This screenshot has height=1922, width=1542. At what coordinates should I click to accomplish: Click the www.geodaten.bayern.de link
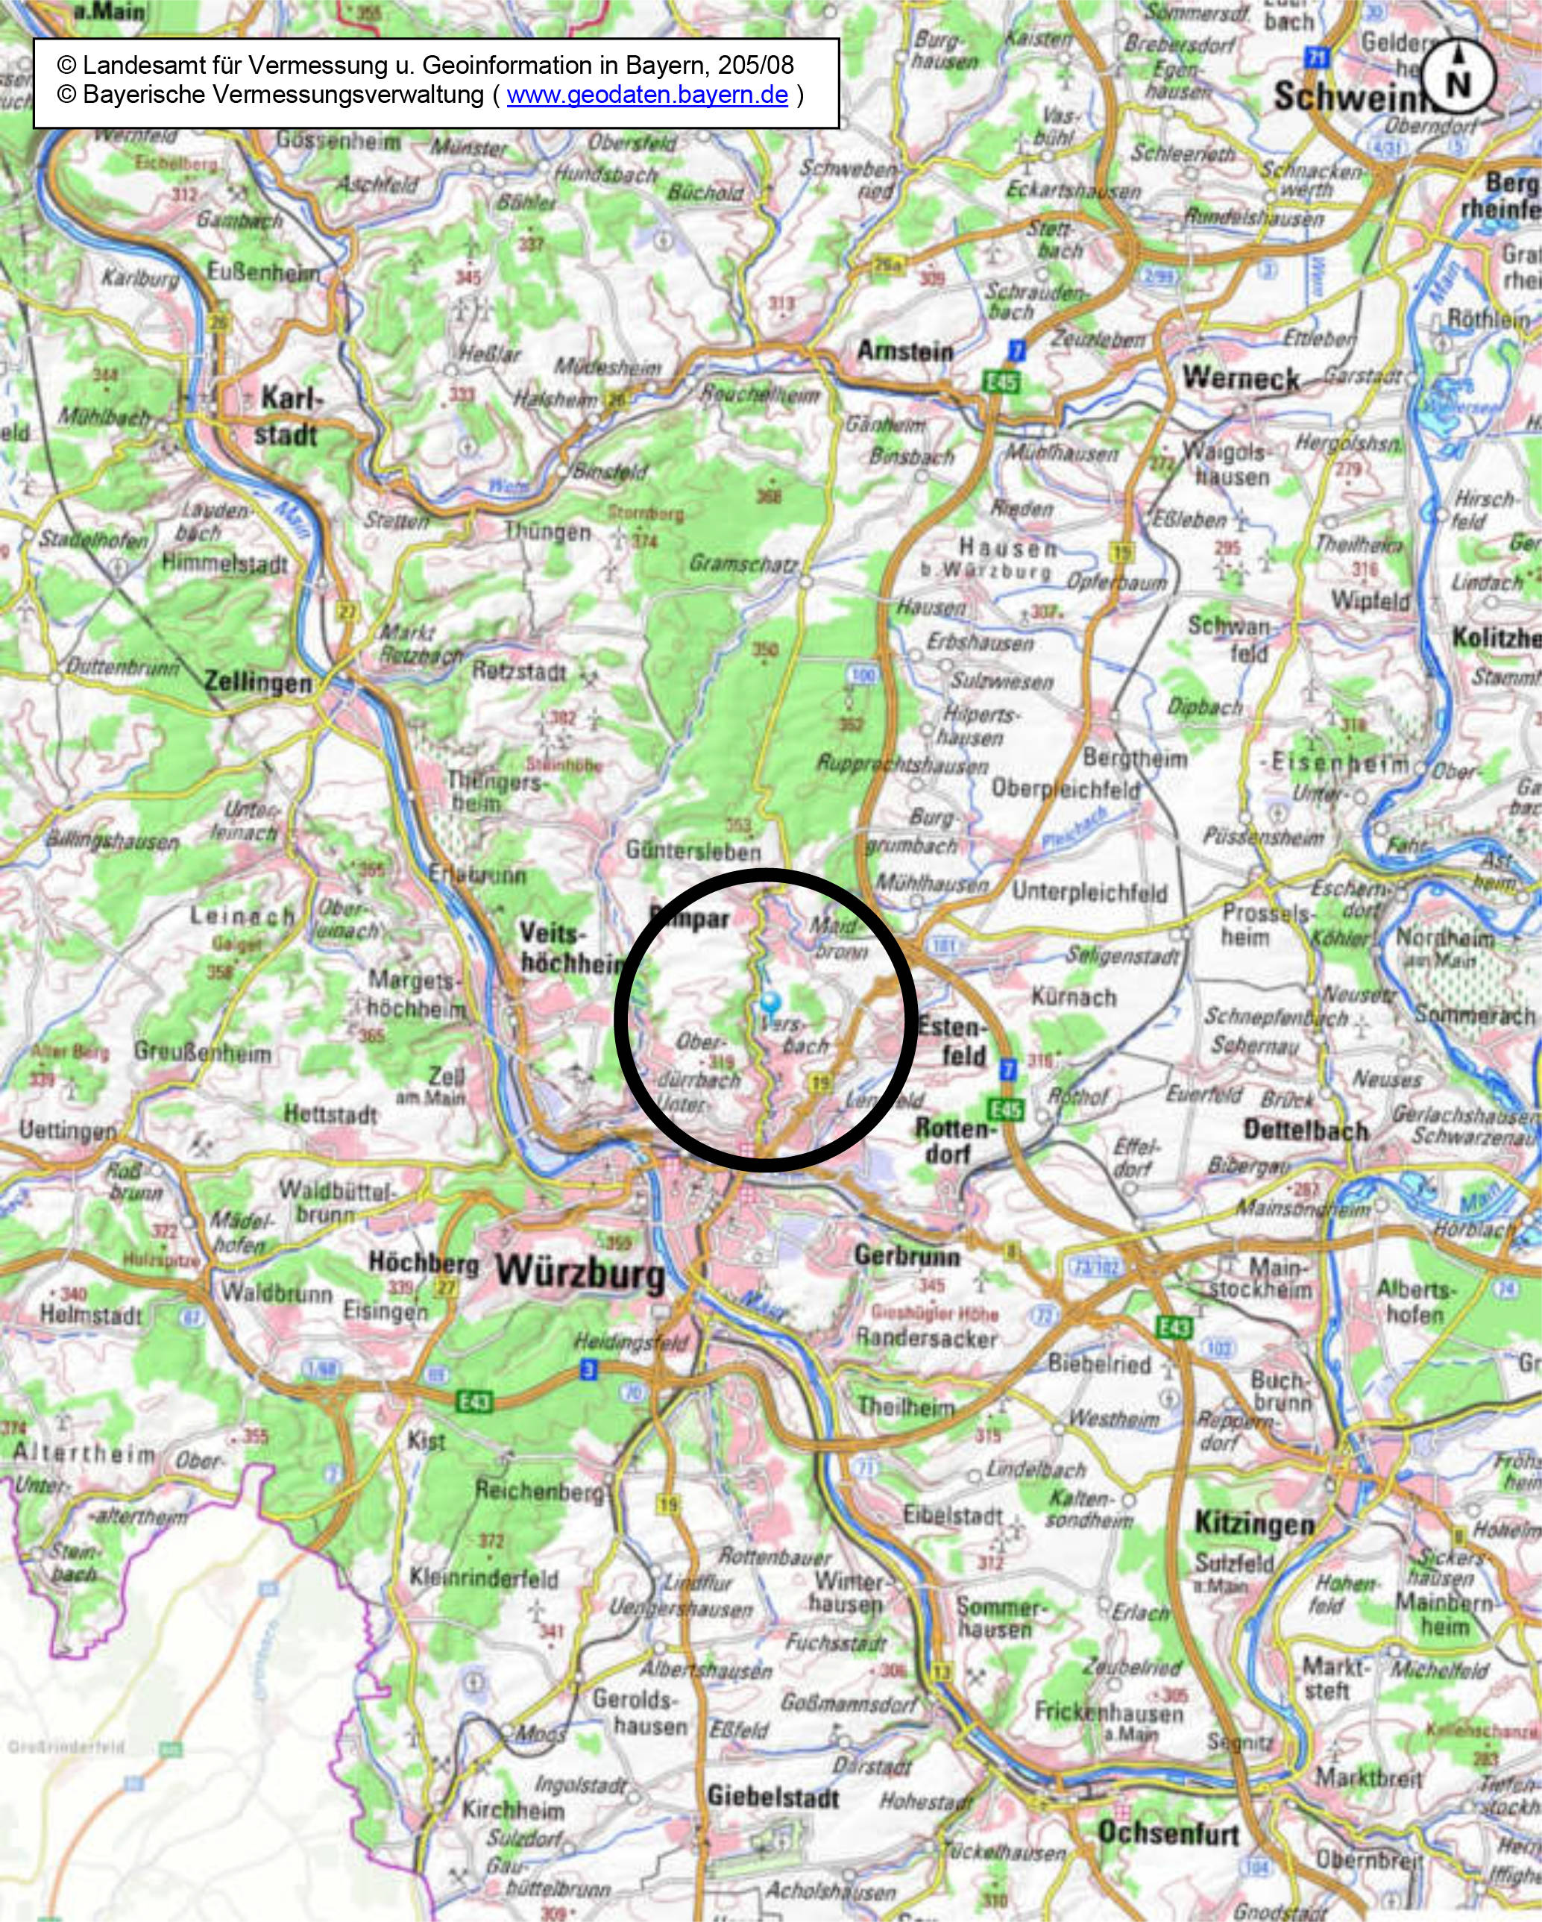tap(647, 95)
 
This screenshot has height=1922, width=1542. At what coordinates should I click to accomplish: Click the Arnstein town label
tap(904, 351)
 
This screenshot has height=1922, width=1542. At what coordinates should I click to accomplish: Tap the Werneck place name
tap(1241, 378)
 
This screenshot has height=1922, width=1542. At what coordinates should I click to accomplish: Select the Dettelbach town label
tap(1306, 1131)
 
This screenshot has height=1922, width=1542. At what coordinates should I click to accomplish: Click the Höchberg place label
tap(424, 1263)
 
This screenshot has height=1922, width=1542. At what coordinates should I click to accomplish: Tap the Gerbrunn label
tap(907, 1256)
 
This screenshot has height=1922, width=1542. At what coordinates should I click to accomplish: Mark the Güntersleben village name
tap(693, 850)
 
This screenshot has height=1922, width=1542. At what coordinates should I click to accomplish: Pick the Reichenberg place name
tap(539, 1489)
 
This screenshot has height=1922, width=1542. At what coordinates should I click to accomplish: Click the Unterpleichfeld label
tap(1089, 892)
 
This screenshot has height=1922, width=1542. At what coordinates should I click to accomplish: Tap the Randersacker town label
tap(926, 1338)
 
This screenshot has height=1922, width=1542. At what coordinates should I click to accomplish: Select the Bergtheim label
tap(1135, 759)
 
